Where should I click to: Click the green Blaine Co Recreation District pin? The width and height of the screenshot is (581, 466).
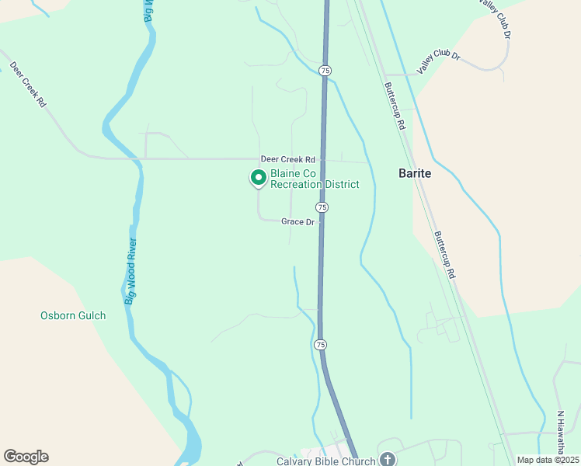click(x=258, y=178)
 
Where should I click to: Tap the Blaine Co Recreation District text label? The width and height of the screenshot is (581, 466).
click(x=315, y=179)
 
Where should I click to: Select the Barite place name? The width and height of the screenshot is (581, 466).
click(x=414, y=174)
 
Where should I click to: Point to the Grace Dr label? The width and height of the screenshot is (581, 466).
click(x=297, y=221)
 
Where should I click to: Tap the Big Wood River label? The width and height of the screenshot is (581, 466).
click(x=131, y=270)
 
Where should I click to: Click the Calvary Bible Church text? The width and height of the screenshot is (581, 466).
click(x=325, y=461)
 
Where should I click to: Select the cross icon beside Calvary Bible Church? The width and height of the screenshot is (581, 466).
click(x=387, y=460)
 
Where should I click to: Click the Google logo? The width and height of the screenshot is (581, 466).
click(x=26, y=457)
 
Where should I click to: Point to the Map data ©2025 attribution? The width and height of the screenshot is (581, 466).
click(x=548, y=460)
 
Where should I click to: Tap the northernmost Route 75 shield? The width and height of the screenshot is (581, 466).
click(x=325, y=71)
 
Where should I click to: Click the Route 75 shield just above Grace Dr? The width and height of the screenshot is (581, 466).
click(x=322, y=207)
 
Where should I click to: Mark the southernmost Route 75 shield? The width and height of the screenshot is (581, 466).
click(x=319, y=344)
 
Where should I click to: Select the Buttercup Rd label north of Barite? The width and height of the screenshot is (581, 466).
click(x=396, y=106)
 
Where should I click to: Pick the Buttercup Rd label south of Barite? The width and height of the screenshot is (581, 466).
click(x=444, y=255)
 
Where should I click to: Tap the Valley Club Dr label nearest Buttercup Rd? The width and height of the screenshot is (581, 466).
click(x=439, y=64)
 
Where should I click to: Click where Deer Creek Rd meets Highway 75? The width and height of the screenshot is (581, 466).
click(x=324, y=160)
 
